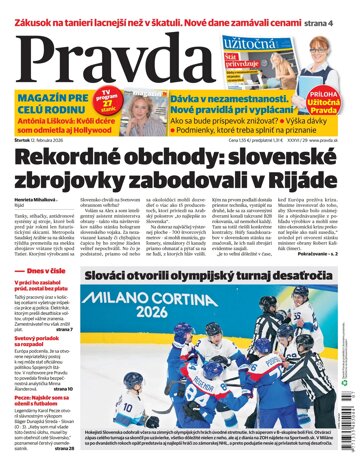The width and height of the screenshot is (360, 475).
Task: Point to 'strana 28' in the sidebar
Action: [60, 447]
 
